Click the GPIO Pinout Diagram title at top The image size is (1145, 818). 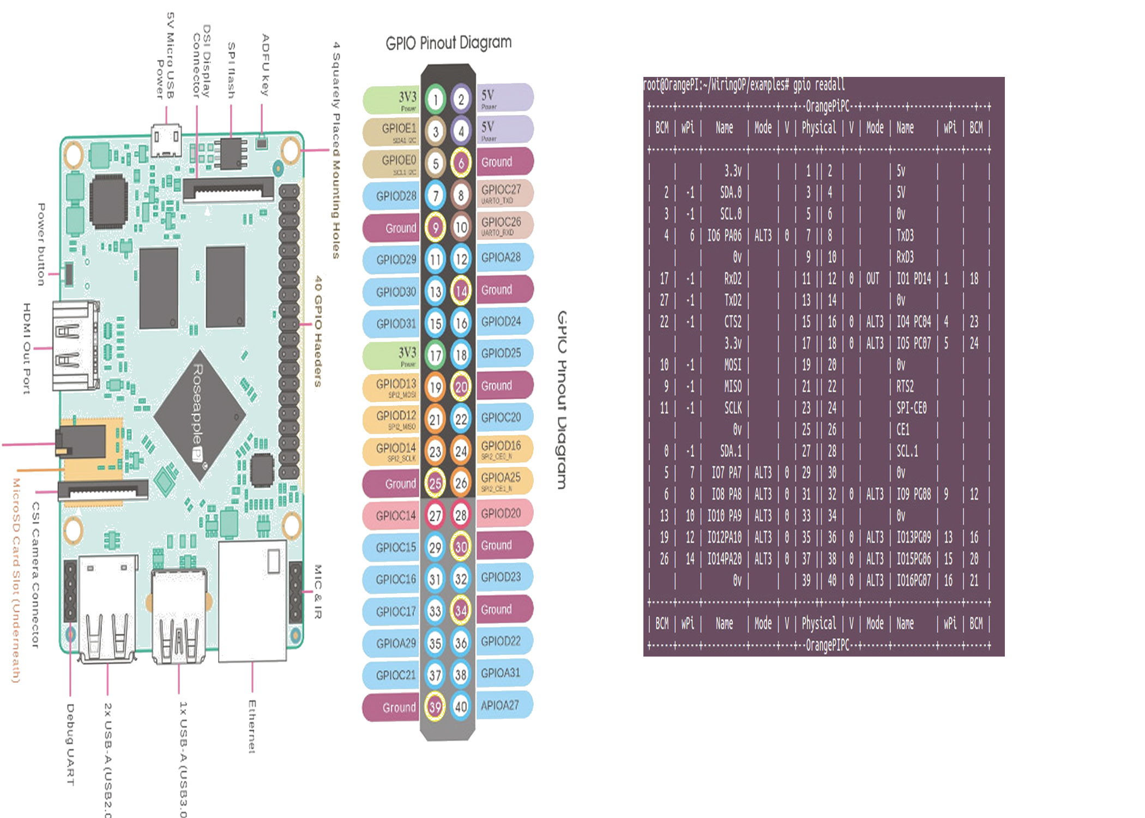click(448, 43)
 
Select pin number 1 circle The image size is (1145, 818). click(435, 99)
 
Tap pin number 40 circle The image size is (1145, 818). click(461, 707)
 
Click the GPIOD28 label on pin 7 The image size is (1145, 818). click(396, 196)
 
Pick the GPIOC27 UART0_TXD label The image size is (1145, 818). click(501, 193)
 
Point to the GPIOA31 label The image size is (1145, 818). click(501, 673)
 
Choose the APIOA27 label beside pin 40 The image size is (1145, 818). click(500, 705)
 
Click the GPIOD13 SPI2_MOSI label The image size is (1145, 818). click(396, 387)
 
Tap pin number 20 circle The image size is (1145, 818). click(461, 387)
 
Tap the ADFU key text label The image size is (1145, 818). click(266, 65)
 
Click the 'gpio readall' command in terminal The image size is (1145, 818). click(818, 85)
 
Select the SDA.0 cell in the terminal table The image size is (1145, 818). click(731, 192)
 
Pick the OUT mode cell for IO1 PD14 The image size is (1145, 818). click(872, 279)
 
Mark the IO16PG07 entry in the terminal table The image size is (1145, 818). click(914, 580)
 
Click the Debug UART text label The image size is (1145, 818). click(70, 744)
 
